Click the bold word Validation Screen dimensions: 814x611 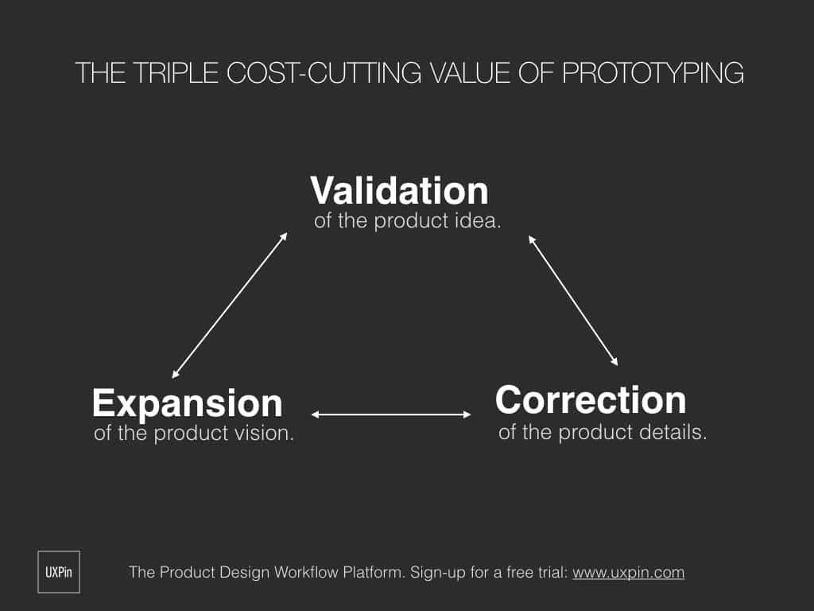click(x=399, y=191)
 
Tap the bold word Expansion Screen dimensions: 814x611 click(x=188, y=404)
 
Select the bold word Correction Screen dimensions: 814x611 click(x=591, y=400)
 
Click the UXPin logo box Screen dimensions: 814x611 click(x=59, y=571)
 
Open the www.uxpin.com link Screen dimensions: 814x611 click(x=629, y=573)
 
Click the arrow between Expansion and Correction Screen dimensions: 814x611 click(x=391, y=414)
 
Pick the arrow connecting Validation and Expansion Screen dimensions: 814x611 click(x=230, y=305)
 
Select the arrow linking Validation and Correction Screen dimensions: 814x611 click(x=573, y=301)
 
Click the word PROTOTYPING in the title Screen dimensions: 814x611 click(x=653, y=72)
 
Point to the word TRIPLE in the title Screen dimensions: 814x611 click(x=176, y=72)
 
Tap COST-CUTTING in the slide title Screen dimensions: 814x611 click(x=324, y=72)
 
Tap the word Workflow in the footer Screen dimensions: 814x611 click(x=305, y=573)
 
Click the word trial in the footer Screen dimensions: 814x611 click(x=552, y=573)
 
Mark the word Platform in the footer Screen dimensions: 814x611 click(x=374, y=573)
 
